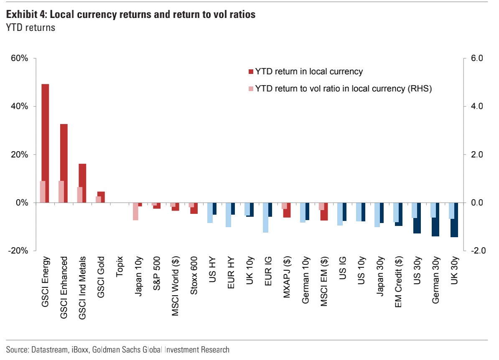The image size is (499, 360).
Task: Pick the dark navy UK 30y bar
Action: pyautogui.click(x=454, y=220)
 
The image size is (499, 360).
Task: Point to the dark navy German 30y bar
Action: pyautogui.click(x=436, y=219)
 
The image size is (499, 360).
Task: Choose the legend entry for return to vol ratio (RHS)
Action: pyautogui.click(x=343, y=89)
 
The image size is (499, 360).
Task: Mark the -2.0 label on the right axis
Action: pyautogui.click(x=476, y=251)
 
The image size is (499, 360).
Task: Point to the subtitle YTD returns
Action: pyautogui.click(x=30, y=28)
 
